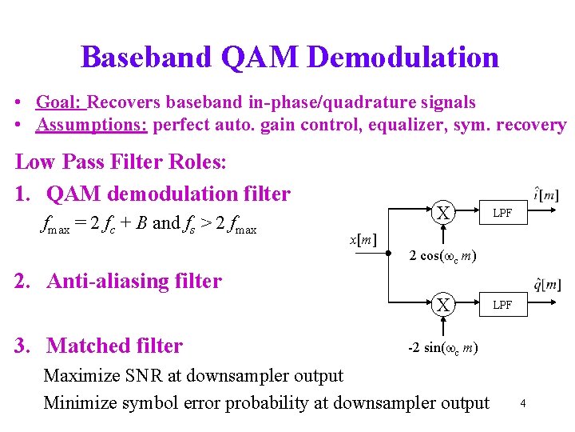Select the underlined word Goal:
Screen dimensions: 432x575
tap(61, 102)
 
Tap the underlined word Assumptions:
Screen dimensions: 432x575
tap(92, 126)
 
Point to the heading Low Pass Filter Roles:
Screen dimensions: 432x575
tap(121, 162)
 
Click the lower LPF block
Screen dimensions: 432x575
tap(502, 305)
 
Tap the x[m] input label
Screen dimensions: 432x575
tap(364, 239)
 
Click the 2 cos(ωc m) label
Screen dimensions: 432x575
tap(443, 256)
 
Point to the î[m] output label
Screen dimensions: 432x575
tap(546, 194)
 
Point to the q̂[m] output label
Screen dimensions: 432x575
tap(547, 286)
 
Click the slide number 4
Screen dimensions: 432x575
tap(522, 402)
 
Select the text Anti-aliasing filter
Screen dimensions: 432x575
tap(134, 281)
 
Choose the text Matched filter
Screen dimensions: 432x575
tap(115, 346)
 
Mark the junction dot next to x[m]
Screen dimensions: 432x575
tap(388, 258)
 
